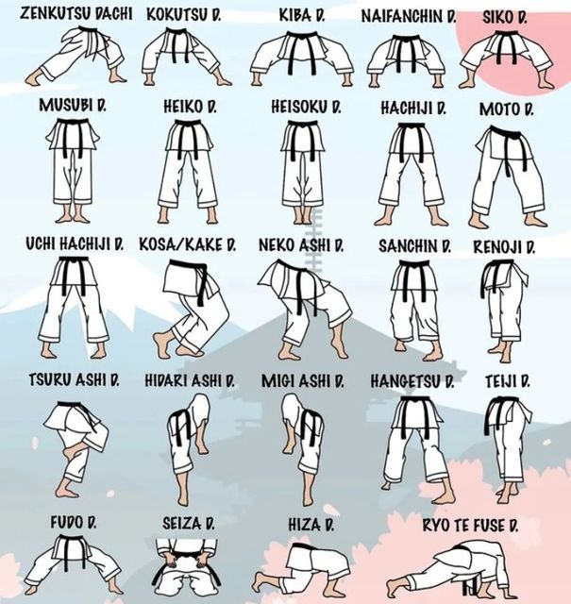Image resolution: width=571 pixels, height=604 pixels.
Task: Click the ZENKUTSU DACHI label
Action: point(76,13)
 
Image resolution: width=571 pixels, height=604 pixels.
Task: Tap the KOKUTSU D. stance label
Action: point(184,14)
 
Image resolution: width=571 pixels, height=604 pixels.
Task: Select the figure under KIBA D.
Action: point(301,58)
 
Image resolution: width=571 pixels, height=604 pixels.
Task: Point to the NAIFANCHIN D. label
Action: point(409,16)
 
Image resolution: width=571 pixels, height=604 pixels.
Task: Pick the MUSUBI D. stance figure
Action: point(73,170)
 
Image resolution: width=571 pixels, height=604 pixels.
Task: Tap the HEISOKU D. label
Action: point(307,107)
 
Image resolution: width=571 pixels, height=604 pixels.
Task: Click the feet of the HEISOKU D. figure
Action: point(302,216)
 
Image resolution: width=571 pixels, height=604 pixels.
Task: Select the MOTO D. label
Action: point(506,109)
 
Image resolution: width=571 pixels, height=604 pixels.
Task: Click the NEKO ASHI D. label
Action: point(301,245)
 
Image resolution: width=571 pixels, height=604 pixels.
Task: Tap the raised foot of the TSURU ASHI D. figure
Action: point(70,452)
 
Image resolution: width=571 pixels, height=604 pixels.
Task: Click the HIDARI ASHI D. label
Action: point(190,380)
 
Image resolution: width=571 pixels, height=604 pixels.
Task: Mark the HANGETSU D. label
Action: point(412,381)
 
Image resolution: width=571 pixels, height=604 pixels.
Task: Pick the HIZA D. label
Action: point(311,525)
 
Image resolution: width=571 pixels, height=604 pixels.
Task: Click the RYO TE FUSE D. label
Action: point(470,525)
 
